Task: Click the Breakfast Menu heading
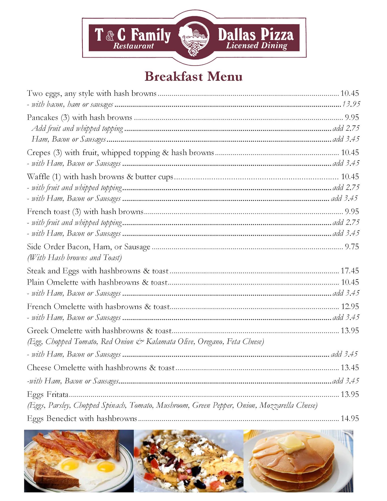[193, 76]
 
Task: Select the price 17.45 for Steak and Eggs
[350, 271]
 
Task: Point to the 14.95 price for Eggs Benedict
[350, 418]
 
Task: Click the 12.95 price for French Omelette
[350, 306]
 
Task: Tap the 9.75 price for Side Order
[352, 247]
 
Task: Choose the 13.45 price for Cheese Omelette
[350, 367]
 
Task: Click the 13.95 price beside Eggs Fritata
[350, 394]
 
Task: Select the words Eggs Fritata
[48, 395]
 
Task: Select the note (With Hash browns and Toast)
[74, 258]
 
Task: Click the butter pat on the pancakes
[294, 444]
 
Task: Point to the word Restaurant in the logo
[133, 46]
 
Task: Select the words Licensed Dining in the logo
[256, 46]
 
